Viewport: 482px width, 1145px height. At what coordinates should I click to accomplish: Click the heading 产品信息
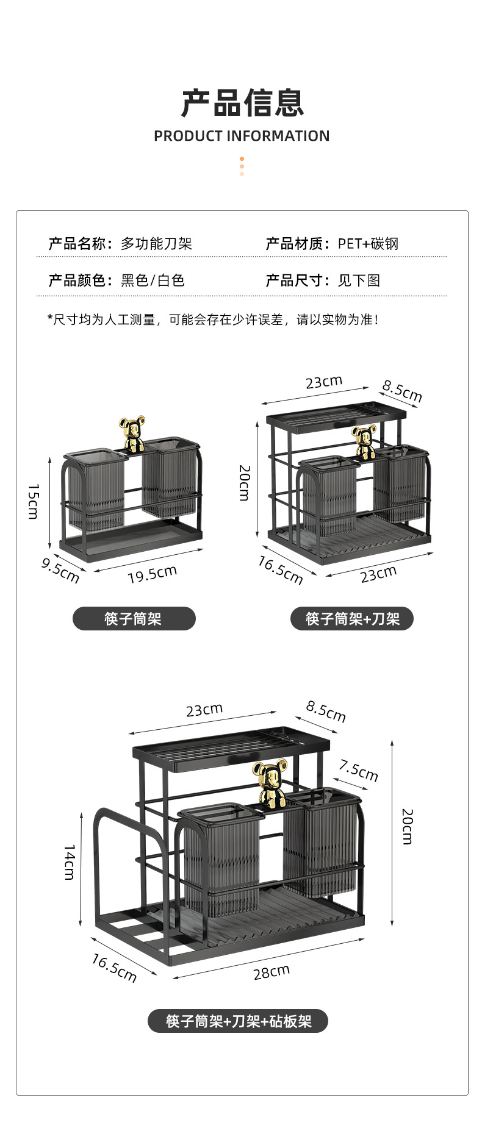[242, 103]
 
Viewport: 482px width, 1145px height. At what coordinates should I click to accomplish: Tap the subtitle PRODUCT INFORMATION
[242, 136]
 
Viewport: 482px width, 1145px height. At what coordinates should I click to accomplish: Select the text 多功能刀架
[156, 244]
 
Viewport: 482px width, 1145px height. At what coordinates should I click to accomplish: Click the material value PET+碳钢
[368, 244]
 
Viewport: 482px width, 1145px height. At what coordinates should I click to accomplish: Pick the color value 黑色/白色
[153, 280]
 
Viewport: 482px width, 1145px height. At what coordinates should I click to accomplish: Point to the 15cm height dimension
[34, 501]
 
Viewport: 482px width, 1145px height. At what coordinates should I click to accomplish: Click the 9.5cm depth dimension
[60, 569]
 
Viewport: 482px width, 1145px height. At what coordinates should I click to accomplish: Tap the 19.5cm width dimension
[152, 573]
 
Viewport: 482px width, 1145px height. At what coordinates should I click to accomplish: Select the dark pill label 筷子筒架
[134, 619]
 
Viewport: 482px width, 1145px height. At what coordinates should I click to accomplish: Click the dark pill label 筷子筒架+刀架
[352, 619]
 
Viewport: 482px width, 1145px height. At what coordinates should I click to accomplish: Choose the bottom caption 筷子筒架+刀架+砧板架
[238, 1021]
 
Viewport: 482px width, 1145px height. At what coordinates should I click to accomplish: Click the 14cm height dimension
[70, 862]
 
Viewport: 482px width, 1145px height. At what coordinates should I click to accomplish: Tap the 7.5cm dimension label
[359, 771]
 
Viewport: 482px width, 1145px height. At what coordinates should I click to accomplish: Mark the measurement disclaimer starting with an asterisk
[214, 319]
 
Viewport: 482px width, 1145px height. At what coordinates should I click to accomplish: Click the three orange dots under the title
[242, 166]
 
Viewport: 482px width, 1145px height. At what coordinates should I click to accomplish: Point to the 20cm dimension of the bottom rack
[408, 826]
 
